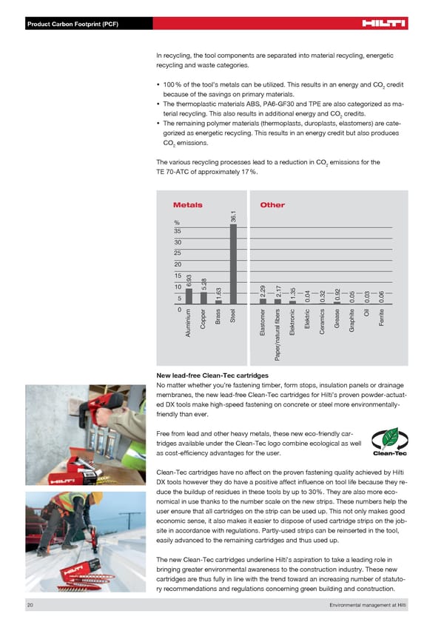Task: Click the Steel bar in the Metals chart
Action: click(234, 264)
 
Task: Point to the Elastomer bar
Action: click(263, 301)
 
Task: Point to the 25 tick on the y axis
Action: click(178, 253)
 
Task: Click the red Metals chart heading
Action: click(187, 205)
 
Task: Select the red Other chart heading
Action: click(272, 205)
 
